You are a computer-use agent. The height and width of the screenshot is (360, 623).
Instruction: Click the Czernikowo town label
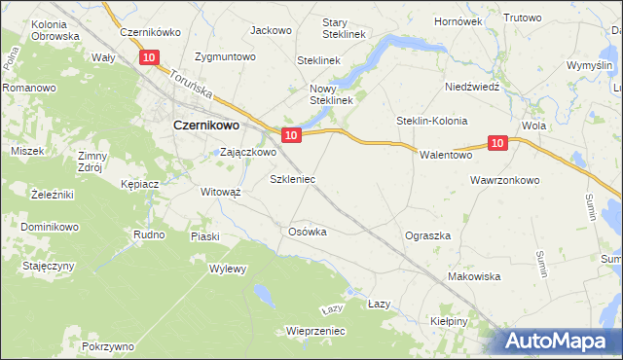tap(206, 125)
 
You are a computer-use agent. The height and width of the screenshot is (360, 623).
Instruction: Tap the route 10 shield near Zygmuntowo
tap(149, 58)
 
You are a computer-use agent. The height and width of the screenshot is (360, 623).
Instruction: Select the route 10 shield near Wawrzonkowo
tap(497, 143)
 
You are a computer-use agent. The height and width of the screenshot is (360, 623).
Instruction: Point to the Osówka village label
tap(307, 232)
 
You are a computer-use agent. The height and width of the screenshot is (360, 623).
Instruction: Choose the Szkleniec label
tap(292, 180)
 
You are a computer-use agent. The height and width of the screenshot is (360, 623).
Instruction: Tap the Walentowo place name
tap(445, 155)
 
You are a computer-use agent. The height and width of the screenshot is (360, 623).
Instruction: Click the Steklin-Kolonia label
tap(431, 121)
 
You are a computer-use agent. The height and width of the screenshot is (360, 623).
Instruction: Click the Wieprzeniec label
tap(316, 331)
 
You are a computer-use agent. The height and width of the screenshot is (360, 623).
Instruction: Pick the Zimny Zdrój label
tap(93, 162)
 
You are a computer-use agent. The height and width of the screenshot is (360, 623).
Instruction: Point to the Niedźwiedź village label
tap(471, 86)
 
